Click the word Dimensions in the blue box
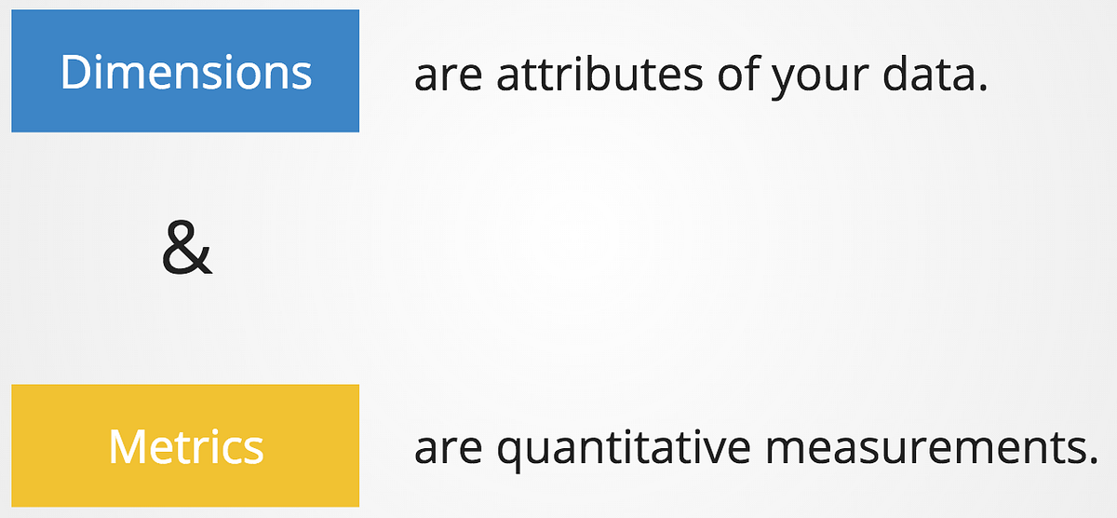185,72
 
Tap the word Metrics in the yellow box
185,447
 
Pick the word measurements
918,447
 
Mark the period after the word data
980,89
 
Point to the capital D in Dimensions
75,72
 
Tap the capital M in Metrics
127,447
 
